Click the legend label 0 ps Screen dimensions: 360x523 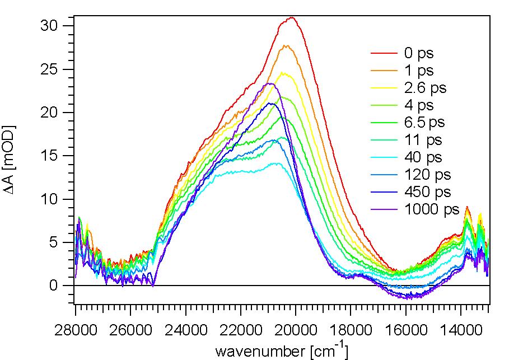(418, 54)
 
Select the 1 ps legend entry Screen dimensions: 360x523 (418, 71)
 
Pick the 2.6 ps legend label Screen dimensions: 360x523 (425, 88)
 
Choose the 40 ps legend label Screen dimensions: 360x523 (423, 157)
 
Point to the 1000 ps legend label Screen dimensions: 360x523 (431, 210)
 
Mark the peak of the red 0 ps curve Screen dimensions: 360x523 (292, 17)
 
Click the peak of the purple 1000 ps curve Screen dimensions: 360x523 (269, 83)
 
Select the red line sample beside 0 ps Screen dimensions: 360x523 (384, 54)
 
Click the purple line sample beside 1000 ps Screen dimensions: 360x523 (384, 210)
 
